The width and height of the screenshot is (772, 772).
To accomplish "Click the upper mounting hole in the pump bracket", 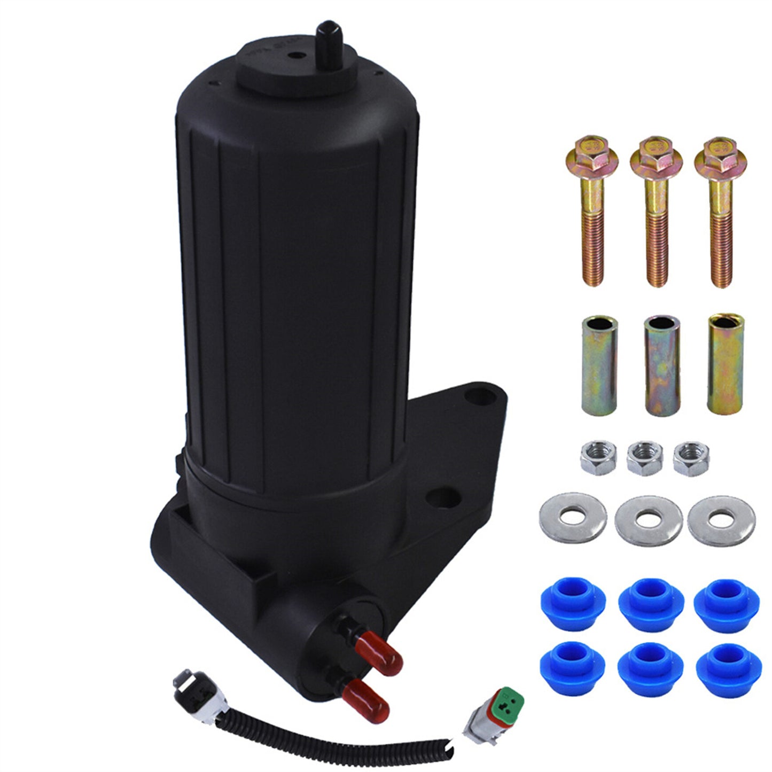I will [x=472, y=396].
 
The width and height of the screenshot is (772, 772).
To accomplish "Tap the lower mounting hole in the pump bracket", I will [x=438, y=496].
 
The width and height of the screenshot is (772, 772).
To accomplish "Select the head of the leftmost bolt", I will [x=591, y=153].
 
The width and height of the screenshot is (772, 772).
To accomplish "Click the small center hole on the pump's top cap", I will [x=293, y=55].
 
